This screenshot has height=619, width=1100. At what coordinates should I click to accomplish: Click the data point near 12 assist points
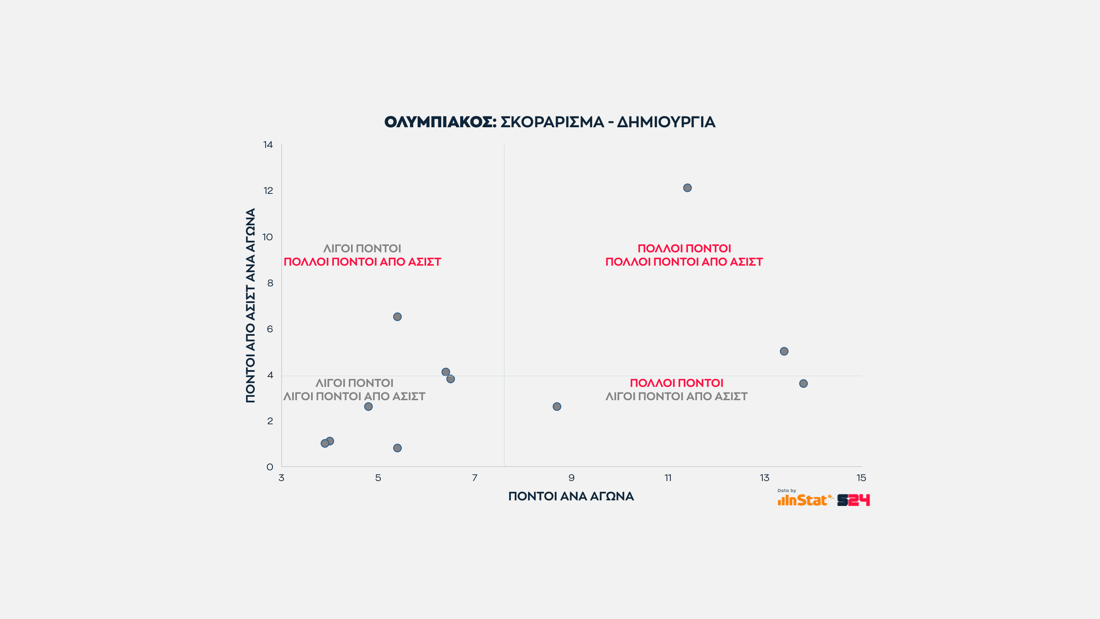(x=687, y=188)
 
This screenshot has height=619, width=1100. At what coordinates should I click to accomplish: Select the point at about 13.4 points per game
(x=784, y=351)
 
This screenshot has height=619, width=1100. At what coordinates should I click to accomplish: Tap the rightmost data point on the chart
(x=803, y=383)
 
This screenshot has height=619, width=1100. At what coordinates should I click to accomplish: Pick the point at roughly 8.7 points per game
(x=556, y=407)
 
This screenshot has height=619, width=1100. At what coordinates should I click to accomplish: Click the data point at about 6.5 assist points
(x=397, y=317)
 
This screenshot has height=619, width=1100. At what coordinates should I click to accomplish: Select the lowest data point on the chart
(x=397, y=448)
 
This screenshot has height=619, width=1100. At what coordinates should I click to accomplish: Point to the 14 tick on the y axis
(x=268, y=145)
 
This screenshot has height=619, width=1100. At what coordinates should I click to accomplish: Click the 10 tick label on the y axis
(x=268, y=237)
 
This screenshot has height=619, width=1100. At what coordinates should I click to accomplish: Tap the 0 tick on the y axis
(x=270, y=467)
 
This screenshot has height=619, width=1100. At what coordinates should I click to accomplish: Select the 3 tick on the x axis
(x=281, y=478)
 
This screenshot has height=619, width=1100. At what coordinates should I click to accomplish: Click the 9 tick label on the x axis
(x=571, y=478)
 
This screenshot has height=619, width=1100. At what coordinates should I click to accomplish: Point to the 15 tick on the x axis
(x=861, y=478)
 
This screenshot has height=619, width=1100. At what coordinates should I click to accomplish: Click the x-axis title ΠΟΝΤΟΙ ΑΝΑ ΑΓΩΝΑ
(x=571, y=496)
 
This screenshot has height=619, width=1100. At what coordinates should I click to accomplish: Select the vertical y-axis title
(x=251, y=305)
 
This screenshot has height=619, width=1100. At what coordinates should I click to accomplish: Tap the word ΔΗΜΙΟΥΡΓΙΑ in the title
(x=666, y=122)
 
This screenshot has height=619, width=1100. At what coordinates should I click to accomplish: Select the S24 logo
(x=853, y=500)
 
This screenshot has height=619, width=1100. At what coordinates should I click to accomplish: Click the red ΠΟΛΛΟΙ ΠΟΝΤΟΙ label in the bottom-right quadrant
(x=676, y=383)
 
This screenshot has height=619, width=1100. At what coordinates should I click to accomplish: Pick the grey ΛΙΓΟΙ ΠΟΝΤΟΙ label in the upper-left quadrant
(x=362, y=248)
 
